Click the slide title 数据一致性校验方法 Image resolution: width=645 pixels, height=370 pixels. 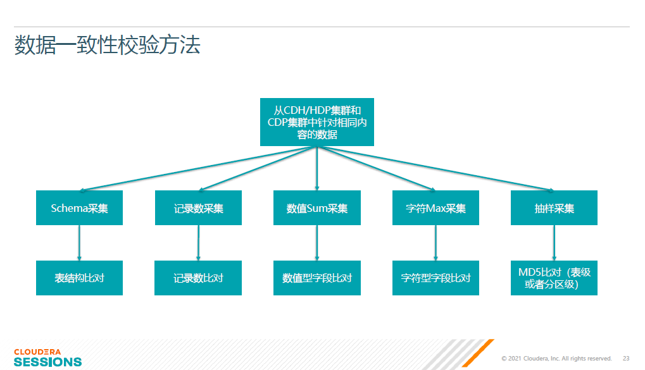pyautogui.click(x=107, y=45)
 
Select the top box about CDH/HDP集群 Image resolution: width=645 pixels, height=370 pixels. pyautogui.click(x=316, y=122)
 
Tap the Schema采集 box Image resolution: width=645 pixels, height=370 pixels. pyautogui.click(x=79, y=207)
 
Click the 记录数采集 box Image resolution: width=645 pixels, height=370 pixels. pyautogui.click(x=198, y=207)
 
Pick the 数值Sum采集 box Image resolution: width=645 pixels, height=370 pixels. pyautogui.click(x=316, y=207)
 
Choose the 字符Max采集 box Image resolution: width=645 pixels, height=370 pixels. pyautogui.click(x=435, y=207)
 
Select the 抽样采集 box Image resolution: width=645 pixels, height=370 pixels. pyautogui.click(x=554, y=207)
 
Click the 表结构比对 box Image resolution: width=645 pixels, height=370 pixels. pyautogui.click(x=79, y=278)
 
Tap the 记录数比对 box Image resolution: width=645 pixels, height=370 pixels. pyautogui.click(x=198, y=278)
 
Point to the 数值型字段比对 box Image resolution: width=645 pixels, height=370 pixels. pyautogui.click(x=316, y=278)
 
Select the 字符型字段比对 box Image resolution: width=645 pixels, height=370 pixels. pyautogui.click(x=435, y=278)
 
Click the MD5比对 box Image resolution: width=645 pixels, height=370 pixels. pyautogui.click(x=554, y=278)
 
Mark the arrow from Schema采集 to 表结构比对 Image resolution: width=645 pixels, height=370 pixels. pyautogui.click(x=79, y=243)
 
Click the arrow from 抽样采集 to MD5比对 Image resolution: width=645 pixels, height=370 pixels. pyautogui.click(x=554, y=243)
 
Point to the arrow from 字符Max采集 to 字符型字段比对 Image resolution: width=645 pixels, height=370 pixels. pyautogui.click(x=435, y=243)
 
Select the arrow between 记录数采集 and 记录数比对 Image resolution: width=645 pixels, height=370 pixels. pyautogui.click(x=198, y=243)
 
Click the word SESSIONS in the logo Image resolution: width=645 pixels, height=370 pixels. pyautogui.click(x=47, y=362)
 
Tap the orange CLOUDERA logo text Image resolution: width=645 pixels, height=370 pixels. pyautogui.click(x=37, y=352)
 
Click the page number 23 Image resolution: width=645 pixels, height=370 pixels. pyautogui.click(x=626, y=359)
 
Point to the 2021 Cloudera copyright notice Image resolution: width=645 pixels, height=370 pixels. pyautogui.click(x=556, y=359)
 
